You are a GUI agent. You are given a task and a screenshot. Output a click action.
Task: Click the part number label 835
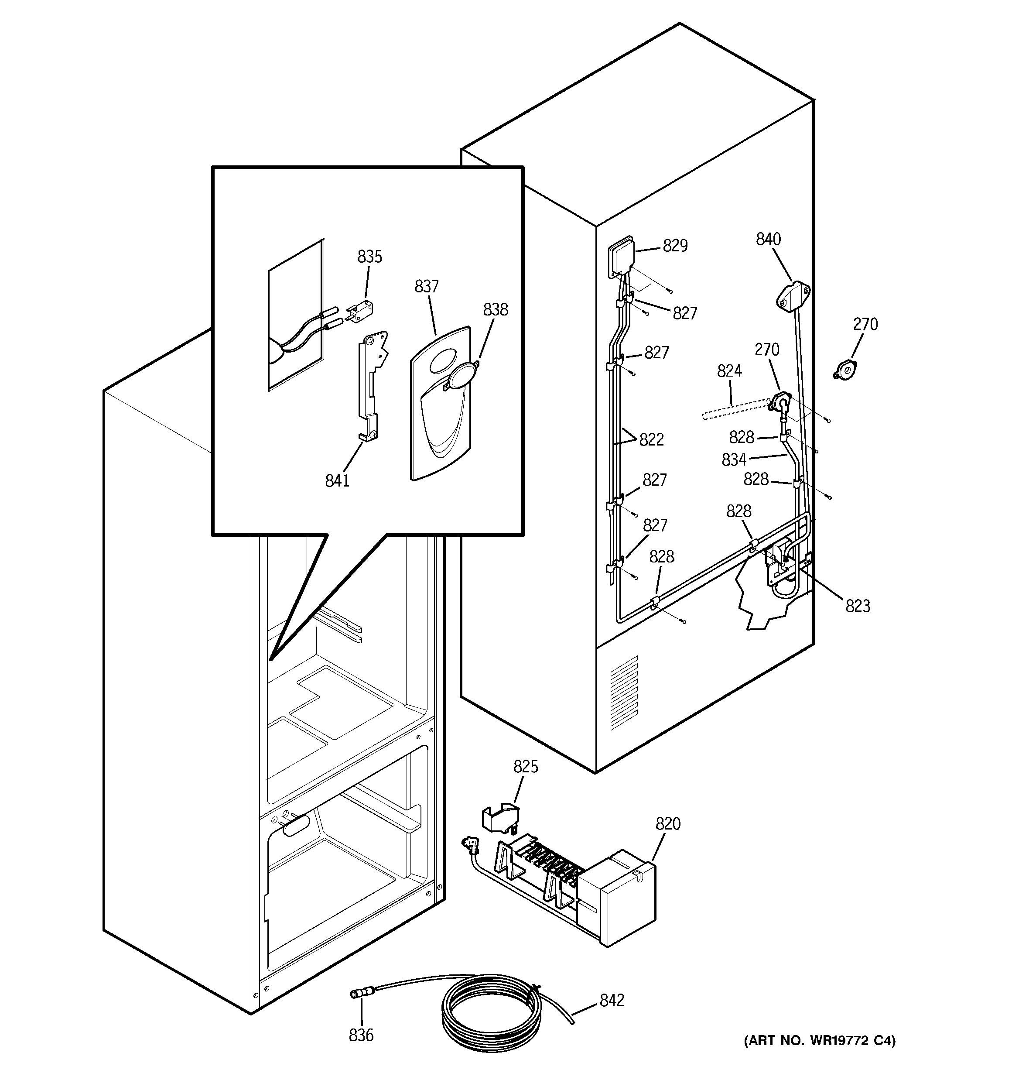tap(369, 257)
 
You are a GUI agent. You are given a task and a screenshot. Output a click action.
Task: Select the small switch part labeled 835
tap(356, 315)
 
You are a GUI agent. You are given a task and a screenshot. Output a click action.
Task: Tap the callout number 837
tap(427, 286)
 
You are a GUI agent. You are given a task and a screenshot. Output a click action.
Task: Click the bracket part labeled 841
tap(374, 386)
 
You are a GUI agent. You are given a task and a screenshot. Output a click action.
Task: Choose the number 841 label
tap(337, 480)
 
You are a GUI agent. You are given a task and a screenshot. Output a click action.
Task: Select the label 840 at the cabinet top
tap(768, 239)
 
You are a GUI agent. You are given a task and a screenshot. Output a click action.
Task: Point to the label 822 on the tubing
tap(651, 439)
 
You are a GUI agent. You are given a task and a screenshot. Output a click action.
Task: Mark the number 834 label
tap(734, 460)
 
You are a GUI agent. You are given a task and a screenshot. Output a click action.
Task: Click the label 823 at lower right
tap(857, 606)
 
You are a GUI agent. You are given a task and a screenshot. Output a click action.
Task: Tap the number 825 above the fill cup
tap(525, 767)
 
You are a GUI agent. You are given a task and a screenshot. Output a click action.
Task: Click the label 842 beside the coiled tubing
tap(612, 1000)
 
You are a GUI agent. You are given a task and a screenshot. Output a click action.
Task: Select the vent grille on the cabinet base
tap(624, 693)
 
